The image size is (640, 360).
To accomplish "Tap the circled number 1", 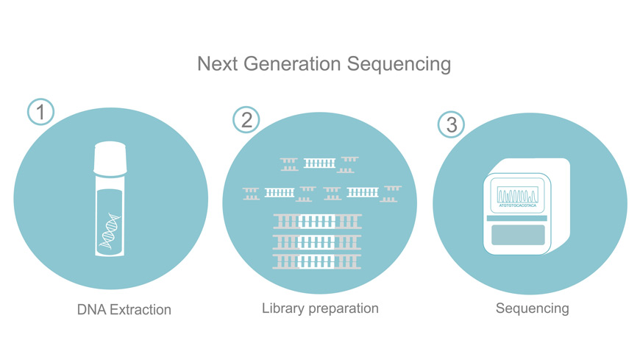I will click(x=41, y=112).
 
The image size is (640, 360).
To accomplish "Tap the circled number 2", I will click(x=246, y=119).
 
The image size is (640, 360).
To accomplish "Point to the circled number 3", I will click(x=452, y=124).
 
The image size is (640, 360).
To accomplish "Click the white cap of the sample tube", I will click(x=111, y=156).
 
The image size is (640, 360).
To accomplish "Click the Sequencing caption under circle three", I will click(x=532, y=308).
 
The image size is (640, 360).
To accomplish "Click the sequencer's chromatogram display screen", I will click(x=518, y=196).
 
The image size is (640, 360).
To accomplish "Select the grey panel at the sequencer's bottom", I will click(x=518, y=236).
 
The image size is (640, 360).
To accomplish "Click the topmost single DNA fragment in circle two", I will click(x=319, y=163).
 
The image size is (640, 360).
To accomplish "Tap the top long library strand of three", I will click(x=317, y=220).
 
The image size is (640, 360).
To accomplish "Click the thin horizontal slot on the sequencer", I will click(x=518, y=219).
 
